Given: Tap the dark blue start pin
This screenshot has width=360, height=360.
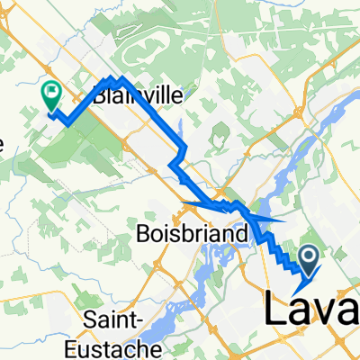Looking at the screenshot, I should (308, 261).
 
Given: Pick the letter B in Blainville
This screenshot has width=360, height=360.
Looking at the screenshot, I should (97, 94).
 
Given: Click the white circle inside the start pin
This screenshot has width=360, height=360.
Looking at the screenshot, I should (308, 258).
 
